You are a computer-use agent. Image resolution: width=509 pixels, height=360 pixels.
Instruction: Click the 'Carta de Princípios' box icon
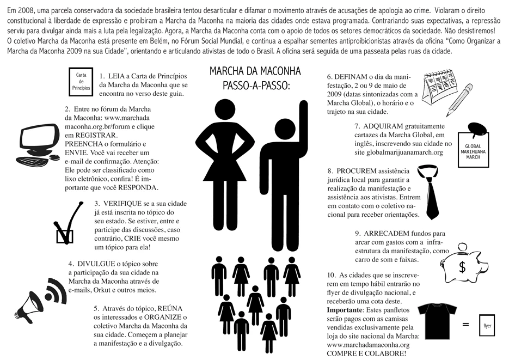pos(80,81)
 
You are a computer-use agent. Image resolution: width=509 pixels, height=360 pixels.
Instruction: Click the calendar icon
pos(441,87)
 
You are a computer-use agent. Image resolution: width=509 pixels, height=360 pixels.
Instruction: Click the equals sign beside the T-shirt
pos(466,325)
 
